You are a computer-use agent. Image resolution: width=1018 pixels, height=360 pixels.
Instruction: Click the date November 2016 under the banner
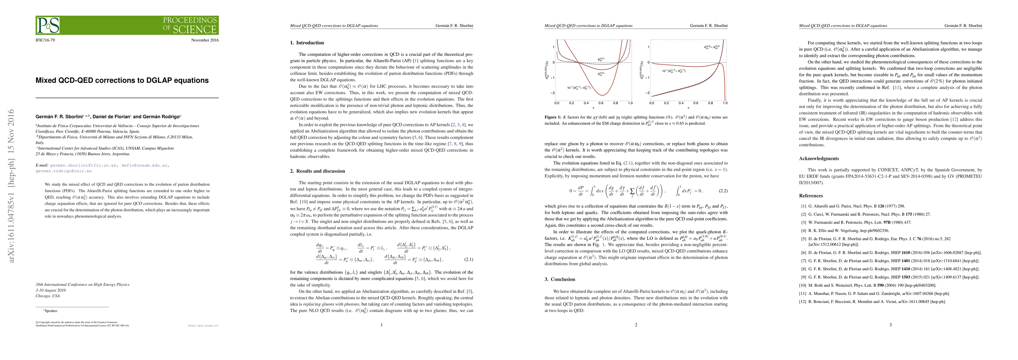click(205, 40)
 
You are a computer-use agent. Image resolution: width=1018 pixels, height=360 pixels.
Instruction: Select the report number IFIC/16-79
click(45, 40)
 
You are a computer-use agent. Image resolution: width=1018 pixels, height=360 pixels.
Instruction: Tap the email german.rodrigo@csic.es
click(64, 171)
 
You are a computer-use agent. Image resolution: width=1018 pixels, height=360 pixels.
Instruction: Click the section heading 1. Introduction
click(307, 43)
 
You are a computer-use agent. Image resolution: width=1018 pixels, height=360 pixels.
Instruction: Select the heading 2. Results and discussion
click(317, 171)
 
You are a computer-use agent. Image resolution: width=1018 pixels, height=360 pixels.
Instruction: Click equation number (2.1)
click(468, 259)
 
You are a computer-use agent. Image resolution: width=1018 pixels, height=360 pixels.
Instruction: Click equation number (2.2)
click(723, 191)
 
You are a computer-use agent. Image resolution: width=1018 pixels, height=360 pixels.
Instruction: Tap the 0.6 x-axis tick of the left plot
click(601, 103)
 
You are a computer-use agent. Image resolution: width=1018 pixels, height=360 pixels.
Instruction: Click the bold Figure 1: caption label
click(553, 117)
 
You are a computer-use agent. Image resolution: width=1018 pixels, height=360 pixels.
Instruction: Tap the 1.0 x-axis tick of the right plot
click(725, 103)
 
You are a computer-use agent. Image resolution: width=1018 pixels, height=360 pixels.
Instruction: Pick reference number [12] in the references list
click(803, 301)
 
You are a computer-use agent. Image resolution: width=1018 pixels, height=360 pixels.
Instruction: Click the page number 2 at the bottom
click(636, 325)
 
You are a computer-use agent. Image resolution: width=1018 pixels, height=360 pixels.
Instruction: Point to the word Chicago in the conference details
click(42, 296)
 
